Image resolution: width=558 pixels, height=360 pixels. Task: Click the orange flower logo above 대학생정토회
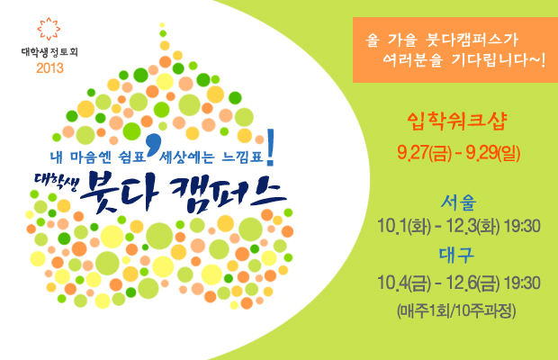pos(49,29)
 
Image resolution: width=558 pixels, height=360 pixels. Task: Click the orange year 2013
pos(49,67)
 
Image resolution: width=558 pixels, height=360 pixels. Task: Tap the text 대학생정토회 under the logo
pos(49,52)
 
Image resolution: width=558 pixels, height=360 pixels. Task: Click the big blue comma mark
pos(153,143)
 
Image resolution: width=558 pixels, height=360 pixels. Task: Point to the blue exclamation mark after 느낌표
pos(271,148)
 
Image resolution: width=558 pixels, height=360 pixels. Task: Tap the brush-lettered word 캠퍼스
pos(228,193)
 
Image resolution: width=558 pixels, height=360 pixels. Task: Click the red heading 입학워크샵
pos(457,121)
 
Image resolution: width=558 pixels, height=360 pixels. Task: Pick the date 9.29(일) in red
pos(493,153)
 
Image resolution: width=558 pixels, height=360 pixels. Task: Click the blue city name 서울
pos(458,202)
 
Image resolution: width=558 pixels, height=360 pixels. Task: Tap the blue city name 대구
pos(456,255)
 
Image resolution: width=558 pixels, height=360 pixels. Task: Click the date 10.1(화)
pos(404,226)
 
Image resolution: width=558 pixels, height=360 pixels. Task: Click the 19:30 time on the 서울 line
pos(522,226)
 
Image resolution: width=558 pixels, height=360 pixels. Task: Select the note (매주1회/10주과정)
pos(456,310)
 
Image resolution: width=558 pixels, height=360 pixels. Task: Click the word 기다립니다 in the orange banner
pos(499,59)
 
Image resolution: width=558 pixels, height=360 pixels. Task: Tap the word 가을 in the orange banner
pos(401,40)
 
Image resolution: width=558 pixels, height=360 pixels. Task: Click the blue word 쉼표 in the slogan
pos(132,157)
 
